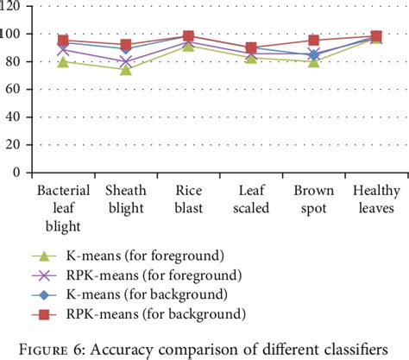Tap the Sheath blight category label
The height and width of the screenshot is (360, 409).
[x=126, y=199]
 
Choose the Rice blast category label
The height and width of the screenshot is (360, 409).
[x=188, y=199]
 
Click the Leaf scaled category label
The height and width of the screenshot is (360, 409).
[x=251, y=199]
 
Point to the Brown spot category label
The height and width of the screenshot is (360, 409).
[x=313, y=199]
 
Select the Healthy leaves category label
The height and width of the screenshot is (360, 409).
[x=376, y=199]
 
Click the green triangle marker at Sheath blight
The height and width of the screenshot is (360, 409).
[x=126, y=69]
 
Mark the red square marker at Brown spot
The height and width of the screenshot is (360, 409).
[x=314, y=40]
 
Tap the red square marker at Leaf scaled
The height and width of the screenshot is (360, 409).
[x=251, y=48]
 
